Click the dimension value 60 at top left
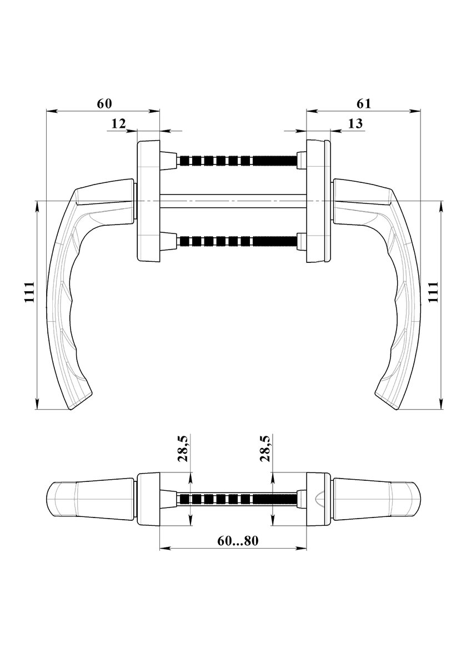coord(104,103)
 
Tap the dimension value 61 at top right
coord(364,103)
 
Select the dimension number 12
coord(119,123)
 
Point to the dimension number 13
coord(355,123)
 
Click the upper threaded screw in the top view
coord(237,161)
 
